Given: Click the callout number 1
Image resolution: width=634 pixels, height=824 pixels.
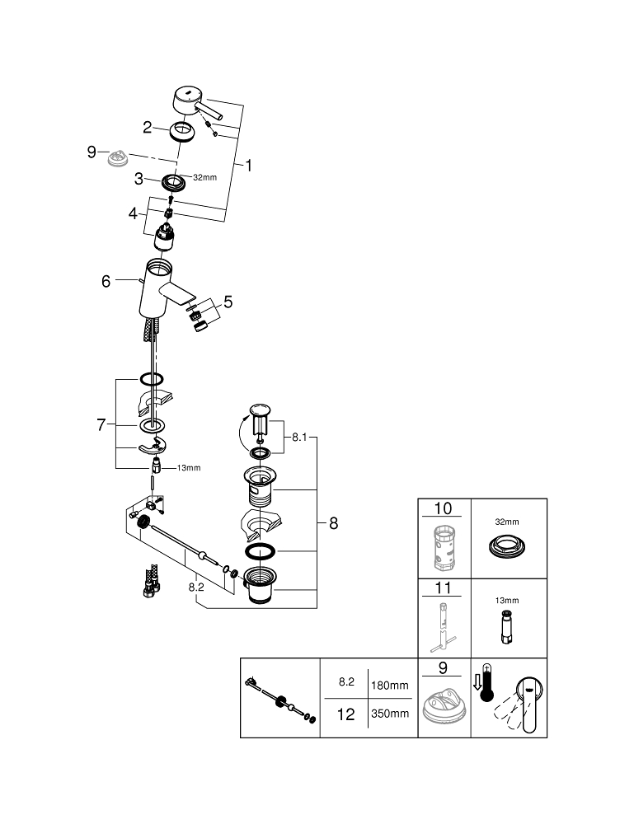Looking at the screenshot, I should [248, 166].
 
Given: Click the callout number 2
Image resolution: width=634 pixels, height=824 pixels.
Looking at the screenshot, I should [148, 127].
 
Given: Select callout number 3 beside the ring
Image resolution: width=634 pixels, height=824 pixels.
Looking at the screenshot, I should [140, 178].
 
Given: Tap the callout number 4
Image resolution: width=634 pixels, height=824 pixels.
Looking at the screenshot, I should [133, 213].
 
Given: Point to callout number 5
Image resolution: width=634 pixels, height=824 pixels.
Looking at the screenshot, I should [228, 302].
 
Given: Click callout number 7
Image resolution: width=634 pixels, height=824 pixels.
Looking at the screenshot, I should [102, 424].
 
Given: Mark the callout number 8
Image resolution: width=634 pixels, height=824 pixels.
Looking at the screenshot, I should [333, 522].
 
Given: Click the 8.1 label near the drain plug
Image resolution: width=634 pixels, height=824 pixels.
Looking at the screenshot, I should [298, 438].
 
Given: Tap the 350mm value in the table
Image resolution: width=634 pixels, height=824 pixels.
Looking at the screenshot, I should [391, 714].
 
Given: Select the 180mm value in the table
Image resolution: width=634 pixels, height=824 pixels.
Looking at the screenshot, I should [391, 685].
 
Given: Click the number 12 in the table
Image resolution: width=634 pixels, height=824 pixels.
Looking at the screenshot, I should [346, 714].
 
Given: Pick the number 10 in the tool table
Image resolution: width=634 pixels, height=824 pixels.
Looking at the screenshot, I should [444, 508].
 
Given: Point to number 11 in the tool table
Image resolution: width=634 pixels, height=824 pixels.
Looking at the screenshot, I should [444, 589].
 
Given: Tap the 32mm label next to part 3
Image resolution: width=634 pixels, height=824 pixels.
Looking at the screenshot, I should [204, 177].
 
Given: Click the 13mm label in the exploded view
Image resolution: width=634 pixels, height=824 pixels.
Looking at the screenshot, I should [188, 468].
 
